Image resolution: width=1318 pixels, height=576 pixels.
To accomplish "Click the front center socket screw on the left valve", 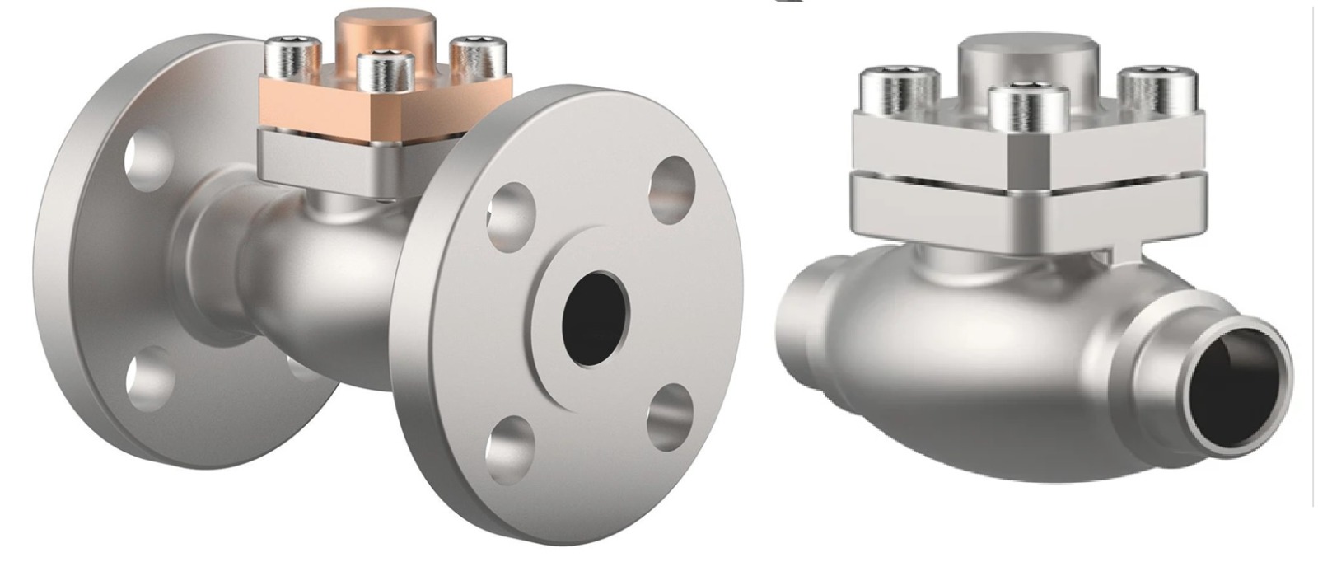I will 385,71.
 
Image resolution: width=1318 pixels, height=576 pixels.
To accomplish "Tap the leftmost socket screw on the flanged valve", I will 292,58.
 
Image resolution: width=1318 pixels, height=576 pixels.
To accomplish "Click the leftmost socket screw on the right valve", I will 900,91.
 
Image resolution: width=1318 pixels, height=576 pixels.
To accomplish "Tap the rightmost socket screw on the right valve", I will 1157,91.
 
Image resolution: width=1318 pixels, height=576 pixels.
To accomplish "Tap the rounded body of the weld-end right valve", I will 988,363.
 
